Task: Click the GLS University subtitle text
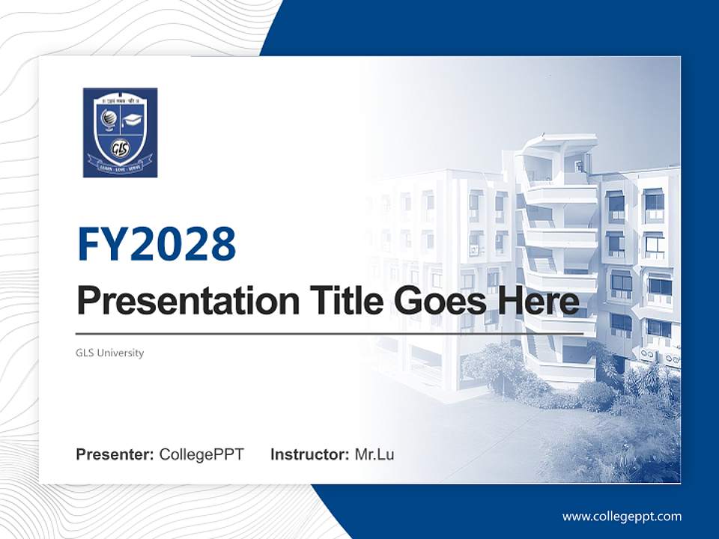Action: pyautogui.click(x=109, y=353)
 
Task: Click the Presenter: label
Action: pyautogui.click(x=115, y=454)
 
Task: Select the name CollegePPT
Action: pyautogui.click(x=201, y=454)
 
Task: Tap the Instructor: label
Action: pyautogui.click(x=309, y=454)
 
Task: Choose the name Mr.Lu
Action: pyautogui.click(x=374, y=454)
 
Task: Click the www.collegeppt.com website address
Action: pyautogui.click(x=622, y=516)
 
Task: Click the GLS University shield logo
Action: pyautogui.click(x=120, y=133)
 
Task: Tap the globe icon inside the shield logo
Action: pyautogui.click(x=107, y=119)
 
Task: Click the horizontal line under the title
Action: pyautogui.click(x=330, y=333)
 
